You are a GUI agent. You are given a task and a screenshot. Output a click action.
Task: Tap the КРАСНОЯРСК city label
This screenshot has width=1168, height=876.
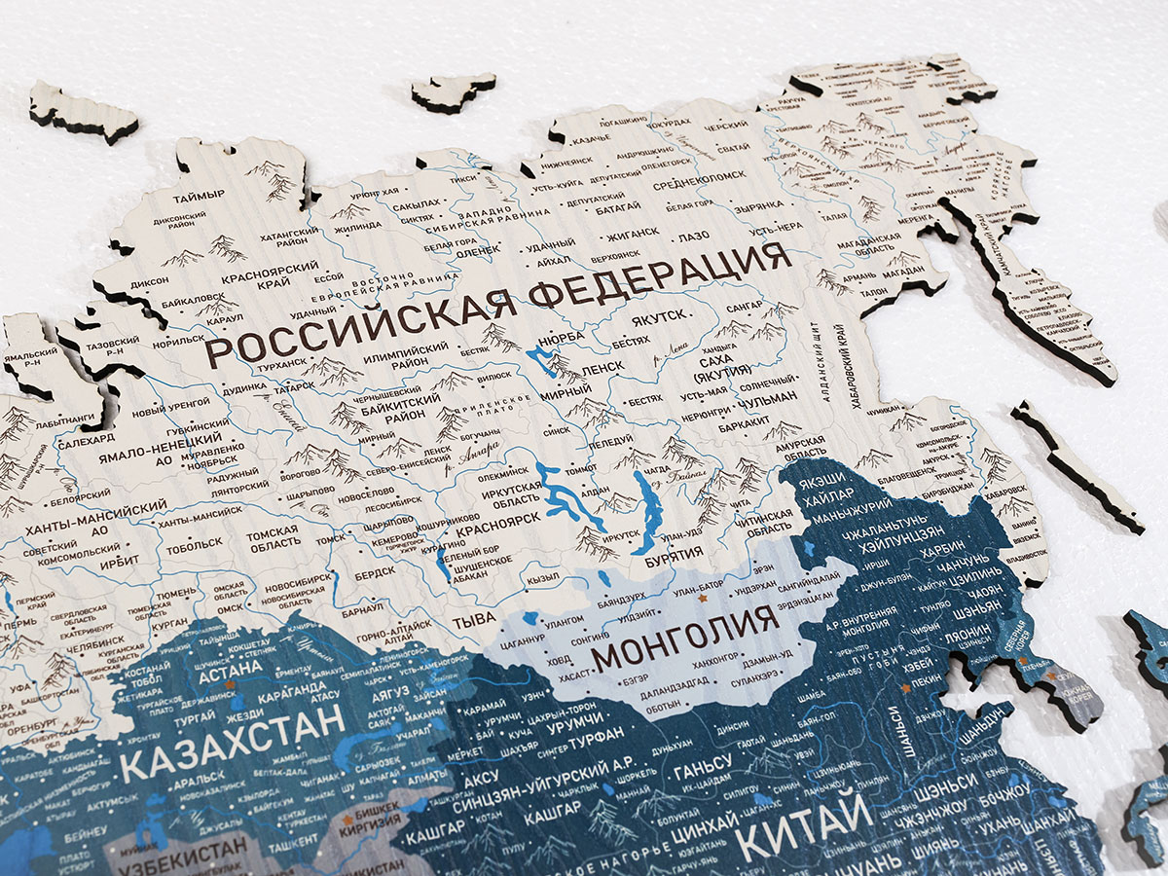click(x=494, y=546)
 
